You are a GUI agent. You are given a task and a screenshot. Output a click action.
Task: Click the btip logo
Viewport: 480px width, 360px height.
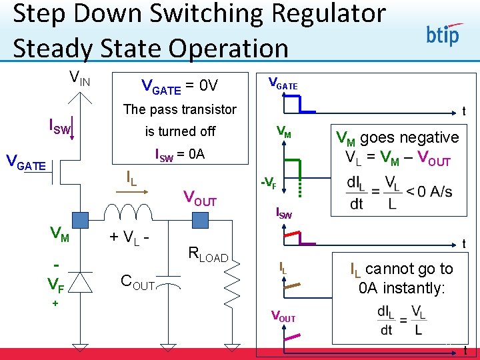coord(443,33)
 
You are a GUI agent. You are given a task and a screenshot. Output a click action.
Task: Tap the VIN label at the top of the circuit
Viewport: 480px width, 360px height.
coord(81,79)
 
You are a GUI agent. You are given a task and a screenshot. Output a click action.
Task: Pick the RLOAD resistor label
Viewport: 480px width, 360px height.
coord(209,255)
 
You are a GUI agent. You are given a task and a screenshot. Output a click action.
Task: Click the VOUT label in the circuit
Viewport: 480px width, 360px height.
coord(200,198)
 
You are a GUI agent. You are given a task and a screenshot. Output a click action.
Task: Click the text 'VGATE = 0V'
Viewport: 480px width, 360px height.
coord(180,85)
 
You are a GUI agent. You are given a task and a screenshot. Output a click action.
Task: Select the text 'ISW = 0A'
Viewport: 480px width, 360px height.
coord(180,155)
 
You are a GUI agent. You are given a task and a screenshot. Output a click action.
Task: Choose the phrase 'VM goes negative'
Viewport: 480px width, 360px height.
coord(397,137)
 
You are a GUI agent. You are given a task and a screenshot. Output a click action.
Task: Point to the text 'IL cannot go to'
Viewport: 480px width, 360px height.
coord(401,269)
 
